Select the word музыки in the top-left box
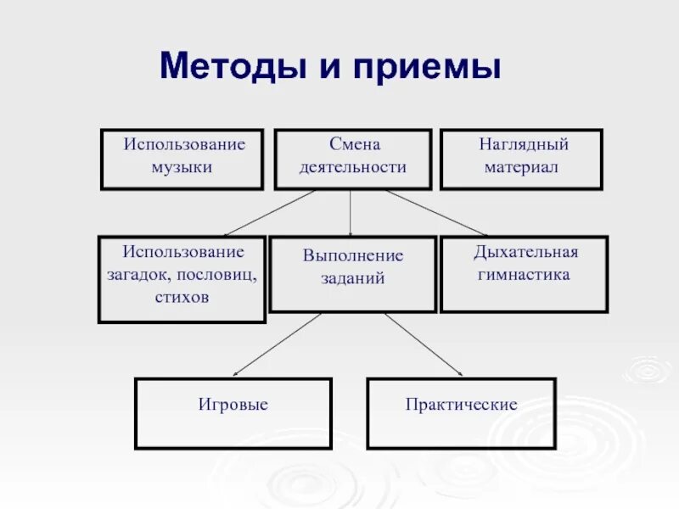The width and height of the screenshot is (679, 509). tap(182, 167)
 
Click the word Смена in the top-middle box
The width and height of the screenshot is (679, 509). tap(352, 145)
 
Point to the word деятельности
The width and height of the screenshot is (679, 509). tap(352, 167)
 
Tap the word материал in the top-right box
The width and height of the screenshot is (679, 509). tap(521, 167)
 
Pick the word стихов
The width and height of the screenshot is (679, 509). tap(182, 298)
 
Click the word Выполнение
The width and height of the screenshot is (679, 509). tap(353, 255)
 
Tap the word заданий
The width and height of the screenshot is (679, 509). tap(353, 278)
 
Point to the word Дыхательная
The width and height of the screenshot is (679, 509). tap(525, 252)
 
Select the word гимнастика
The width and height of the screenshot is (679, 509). tap(524, 275)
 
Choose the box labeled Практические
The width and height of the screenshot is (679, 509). tap(461, 413)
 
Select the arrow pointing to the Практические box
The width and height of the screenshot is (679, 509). tap(424, 344)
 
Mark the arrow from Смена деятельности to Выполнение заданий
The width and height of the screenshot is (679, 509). tap(351, 212)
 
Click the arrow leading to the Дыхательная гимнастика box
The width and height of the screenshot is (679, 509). tap(436, 212)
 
